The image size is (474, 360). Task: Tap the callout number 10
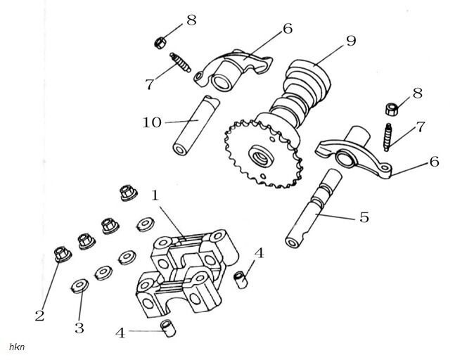pyautogui.click(x=152, y=122)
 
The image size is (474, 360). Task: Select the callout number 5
pyautogui.click(x=364, y=217)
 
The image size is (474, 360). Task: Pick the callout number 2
pyautogui.click(x=39, y=315)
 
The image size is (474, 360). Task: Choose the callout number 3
pyautogui.click(x=79, y=328)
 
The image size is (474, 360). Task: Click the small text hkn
pyautogui.click(x=15, y=347)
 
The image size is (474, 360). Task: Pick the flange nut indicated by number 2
pyautogui.click(x=60, y=253)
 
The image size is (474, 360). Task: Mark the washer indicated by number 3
pyautogui.click(x=79, y=285)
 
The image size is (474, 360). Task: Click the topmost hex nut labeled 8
pyautogui.click(x=160, y=42)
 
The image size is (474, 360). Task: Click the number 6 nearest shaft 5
pyautogui.click(x=434, y=161)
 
